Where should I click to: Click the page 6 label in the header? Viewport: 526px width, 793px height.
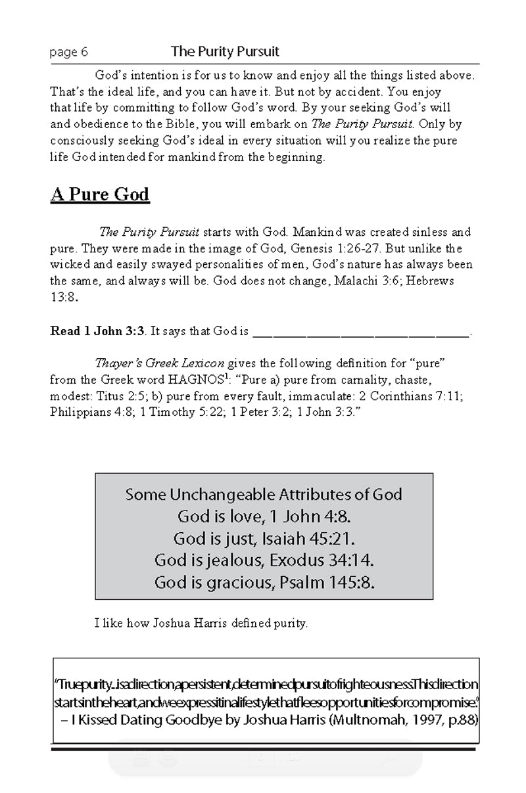(68, 53)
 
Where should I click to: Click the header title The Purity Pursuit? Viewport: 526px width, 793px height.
(226, 51)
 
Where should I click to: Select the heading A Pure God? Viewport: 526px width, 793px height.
(100, 194)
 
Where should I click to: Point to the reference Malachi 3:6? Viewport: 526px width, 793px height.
(375, 281)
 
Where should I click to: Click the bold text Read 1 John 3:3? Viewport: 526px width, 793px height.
(97, 331)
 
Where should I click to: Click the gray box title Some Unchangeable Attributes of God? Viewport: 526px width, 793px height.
(264, 494)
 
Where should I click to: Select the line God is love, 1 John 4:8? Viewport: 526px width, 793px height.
(264, 516)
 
